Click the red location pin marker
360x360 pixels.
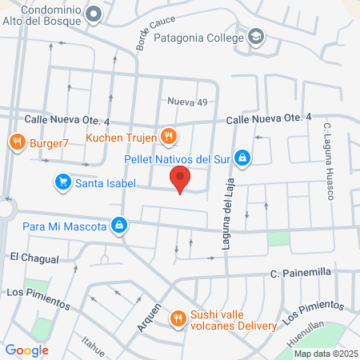point(182,180)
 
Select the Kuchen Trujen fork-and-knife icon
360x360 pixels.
point(167,136)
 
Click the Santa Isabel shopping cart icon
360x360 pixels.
point(62,182)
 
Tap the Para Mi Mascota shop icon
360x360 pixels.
point(119,226)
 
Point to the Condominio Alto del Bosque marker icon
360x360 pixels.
point(94,13)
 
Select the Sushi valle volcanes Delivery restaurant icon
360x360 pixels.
point(178,320)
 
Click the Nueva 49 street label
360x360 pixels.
point(187,102)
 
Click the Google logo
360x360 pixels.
point(27,350)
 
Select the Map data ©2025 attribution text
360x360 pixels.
point(325,354)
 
